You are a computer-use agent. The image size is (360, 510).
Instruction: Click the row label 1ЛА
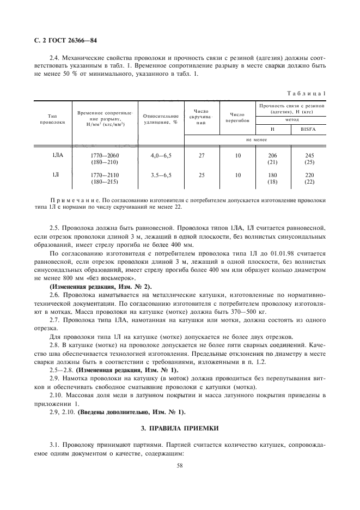point(57,156)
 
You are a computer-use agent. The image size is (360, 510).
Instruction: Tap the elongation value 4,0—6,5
point(160,156)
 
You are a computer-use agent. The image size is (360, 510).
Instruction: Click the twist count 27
point(202,156)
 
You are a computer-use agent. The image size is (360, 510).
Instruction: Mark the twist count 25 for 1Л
point(202,175)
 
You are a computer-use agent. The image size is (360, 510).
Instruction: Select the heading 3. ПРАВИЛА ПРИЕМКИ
point(180,428)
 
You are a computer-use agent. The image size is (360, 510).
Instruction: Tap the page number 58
point(180,466)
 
